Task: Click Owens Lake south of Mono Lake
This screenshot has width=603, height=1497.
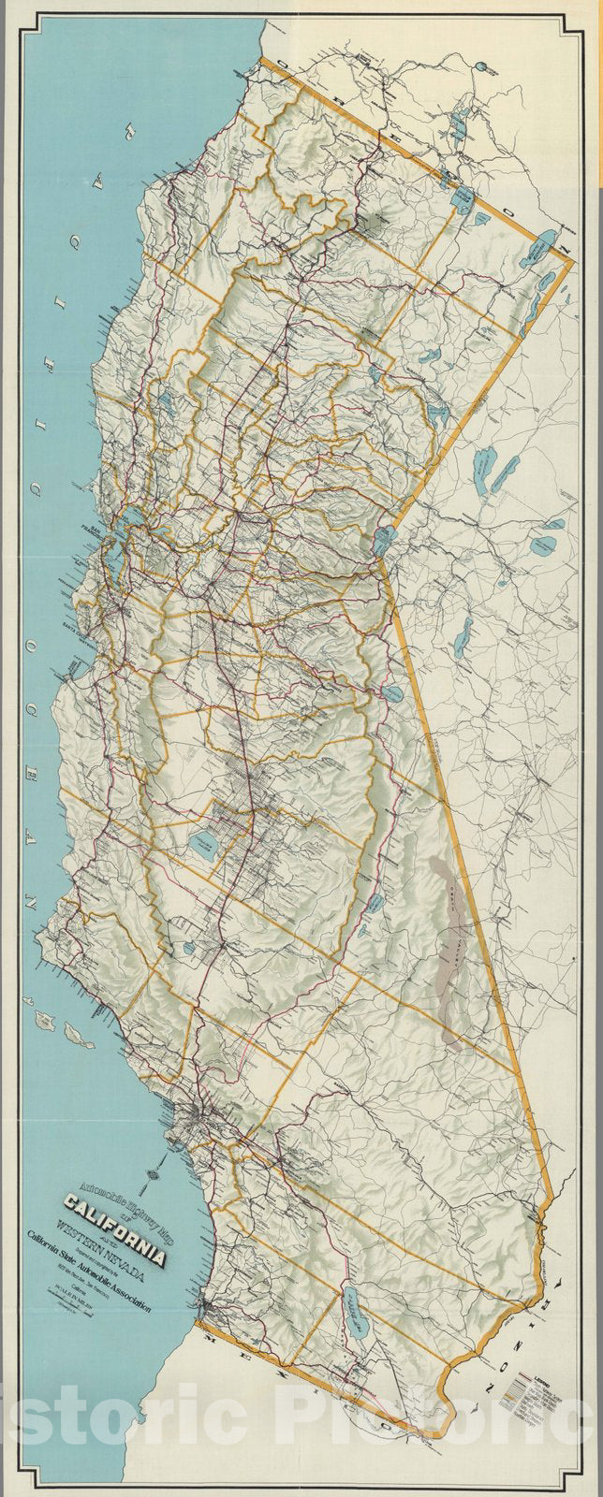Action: point(373,903)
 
